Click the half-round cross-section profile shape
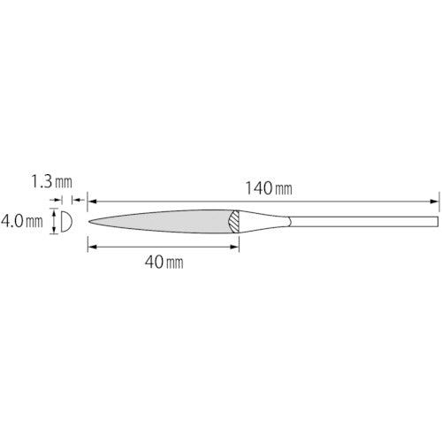click(70, 221)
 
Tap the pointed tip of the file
click(88, 221)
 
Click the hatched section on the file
click(235, 221)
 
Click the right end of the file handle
click(437, 221)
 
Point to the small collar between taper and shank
click(288, 221)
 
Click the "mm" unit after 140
click(282, 189)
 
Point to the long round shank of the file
click(362, 221)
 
